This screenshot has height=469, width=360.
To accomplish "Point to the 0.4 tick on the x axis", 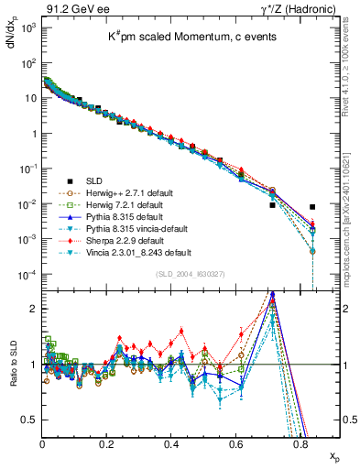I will [x=172, y=442].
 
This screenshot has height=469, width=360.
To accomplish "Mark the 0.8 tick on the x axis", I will [x=301, y=442].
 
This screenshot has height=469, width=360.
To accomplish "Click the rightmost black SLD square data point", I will [x=312, y=207].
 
